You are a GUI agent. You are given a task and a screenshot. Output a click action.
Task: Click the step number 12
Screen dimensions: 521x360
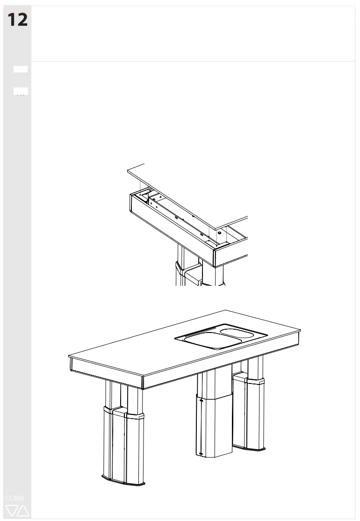point(17,20)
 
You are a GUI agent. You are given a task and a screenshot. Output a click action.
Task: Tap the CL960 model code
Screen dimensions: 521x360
point(15,498)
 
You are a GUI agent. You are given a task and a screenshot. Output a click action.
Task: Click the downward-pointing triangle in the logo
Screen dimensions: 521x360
point(12,510)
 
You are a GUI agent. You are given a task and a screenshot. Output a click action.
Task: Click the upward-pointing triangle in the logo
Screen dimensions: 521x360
point(22,510)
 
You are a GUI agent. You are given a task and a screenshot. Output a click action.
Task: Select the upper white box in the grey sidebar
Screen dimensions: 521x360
point(21,69)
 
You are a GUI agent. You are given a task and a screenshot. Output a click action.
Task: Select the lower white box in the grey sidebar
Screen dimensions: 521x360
point(21,91)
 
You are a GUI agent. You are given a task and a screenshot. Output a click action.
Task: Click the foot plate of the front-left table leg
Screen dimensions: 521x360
point(123,480)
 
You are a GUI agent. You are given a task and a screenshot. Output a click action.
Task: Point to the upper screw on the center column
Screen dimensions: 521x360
point(201,400)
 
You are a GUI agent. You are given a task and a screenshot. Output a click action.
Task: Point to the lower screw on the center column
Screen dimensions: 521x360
point(201,453)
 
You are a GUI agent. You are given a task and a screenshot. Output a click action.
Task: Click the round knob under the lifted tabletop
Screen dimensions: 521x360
point(219,232)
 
